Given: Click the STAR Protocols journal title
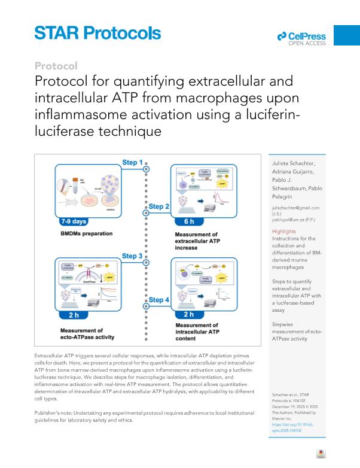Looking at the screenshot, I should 97,32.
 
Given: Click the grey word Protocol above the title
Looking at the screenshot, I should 56,65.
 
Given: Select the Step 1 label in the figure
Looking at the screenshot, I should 132,162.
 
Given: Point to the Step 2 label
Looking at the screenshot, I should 159,206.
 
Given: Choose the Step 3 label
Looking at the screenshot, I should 132,256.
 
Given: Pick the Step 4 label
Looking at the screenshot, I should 159,300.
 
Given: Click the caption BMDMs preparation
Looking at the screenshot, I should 87,233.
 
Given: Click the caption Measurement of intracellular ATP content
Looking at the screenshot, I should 197,331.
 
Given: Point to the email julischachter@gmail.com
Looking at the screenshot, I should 295,208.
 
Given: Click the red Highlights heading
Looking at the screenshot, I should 283,231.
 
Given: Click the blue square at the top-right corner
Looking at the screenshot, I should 346,35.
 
